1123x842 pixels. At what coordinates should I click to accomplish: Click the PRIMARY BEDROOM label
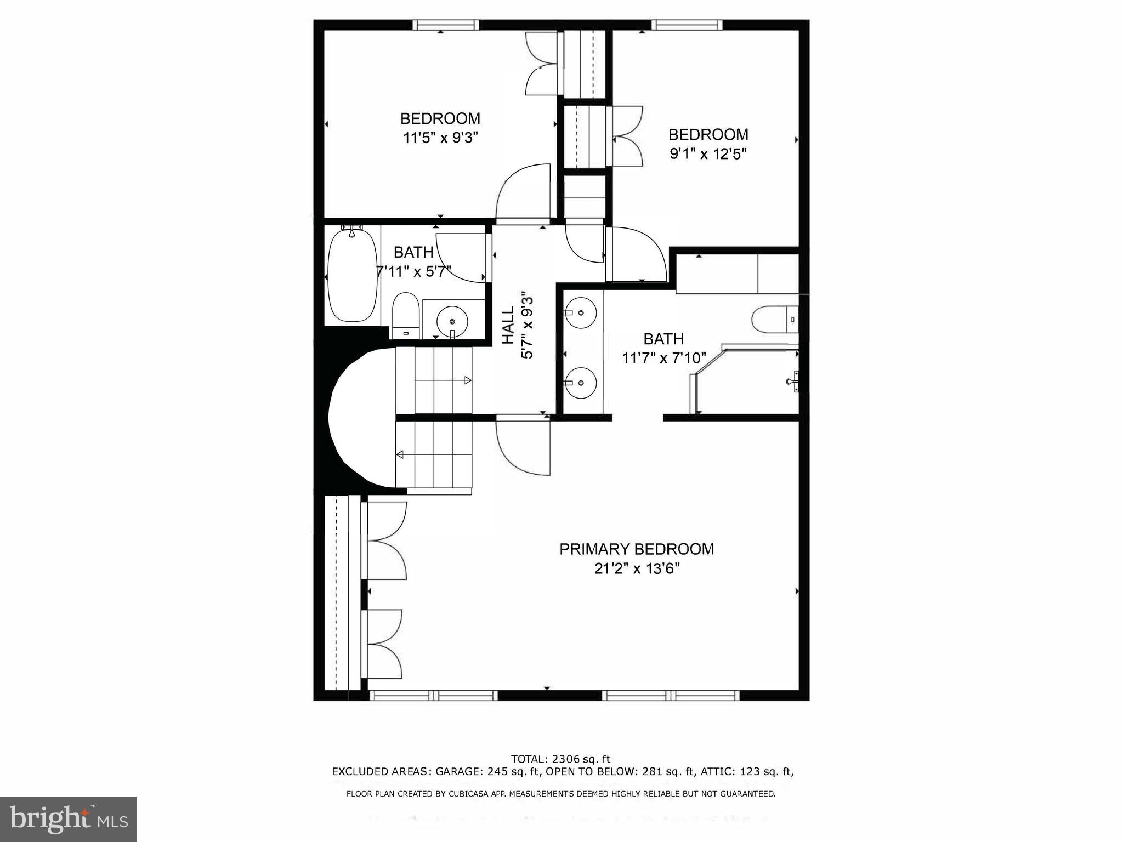coord(636,549)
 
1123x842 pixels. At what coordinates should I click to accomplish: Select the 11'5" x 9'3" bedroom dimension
coord(440,138)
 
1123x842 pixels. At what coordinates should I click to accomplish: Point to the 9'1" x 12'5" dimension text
coord(708,153)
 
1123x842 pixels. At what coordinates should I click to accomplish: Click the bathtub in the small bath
coord(352,276)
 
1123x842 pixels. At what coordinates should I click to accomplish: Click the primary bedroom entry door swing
coord(523,447)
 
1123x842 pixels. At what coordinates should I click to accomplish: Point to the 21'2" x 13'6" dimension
coord(637,569)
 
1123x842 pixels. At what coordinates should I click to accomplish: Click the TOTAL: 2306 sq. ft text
coord(560,759)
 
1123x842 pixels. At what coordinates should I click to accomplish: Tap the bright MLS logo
coord(69,820)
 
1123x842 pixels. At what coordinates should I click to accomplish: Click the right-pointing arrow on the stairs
coord(468,380)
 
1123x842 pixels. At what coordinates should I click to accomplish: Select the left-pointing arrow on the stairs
coord(400,454)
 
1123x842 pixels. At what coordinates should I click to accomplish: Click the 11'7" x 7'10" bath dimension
coord(663,358)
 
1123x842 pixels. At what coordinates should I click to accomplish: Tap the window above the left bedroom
coord(446,25)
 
